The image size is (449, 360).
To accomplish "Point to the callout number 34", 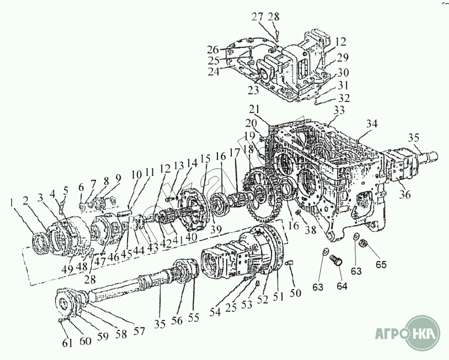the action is tap(372, 124).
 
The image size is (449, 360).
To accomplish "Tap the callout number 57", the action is tap(138, 332).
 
